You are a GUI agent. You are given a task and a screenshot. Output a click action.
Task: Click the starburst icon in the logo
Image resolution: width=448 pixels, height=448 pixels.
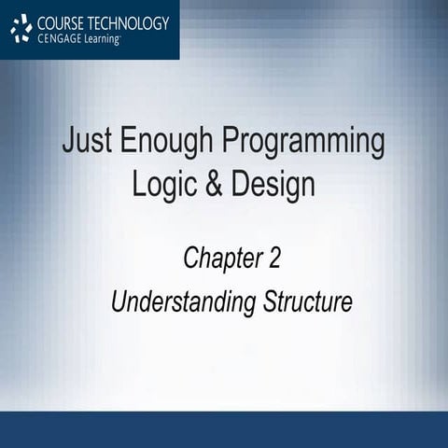pyautogui.click(x=21, y=29)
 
